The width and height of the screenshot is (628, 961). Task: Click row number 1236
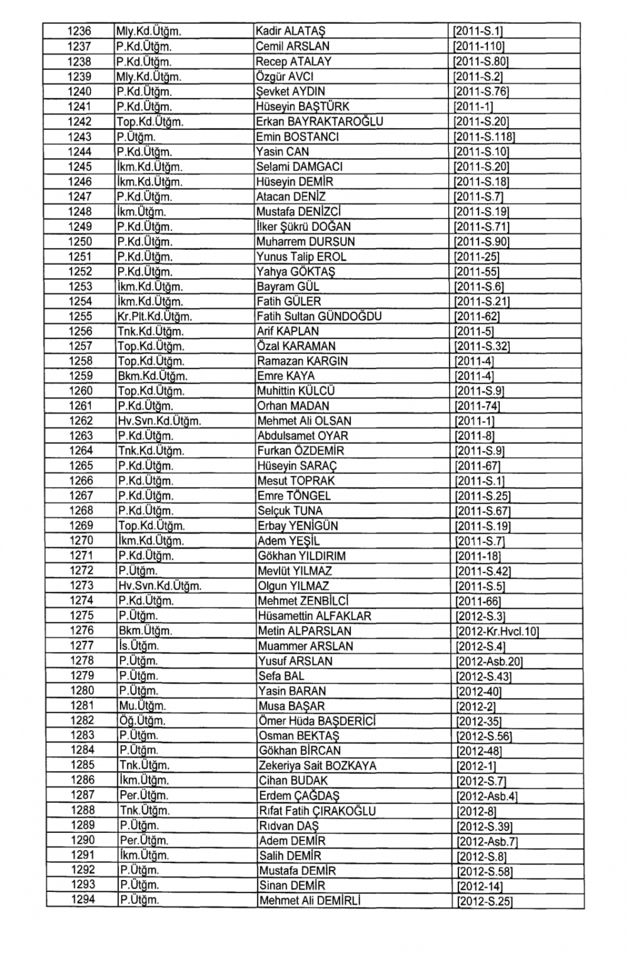(79, 31)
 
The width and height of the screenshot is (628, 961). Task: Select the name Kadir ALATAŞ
(290, 31)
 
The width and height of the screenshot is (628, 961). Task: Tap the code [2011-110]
(479, 46)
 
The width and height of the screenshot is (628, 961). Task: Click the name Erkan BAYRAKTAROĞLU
(319, 122)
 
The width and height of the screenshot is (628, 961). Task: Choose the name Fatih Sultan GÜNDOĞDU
(319, 316)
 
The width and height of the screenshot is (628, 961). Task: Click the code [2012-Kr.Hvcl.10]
(497, 631)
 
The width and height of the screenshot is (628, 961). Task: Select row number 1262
(81, 421)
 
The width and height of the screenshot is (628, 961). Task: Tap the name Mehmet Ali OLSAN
(304, 421)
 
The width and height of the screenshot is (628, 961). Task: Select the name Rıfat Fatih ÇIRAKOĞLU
(317, 811)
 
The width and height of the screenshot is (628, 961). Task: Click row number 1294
(83, 900)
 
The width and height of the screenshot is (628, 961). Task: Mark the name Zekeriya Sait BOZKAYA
(317, 766)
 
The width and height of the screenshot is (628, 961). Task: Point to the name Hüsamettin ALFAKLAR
(314, 616)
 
